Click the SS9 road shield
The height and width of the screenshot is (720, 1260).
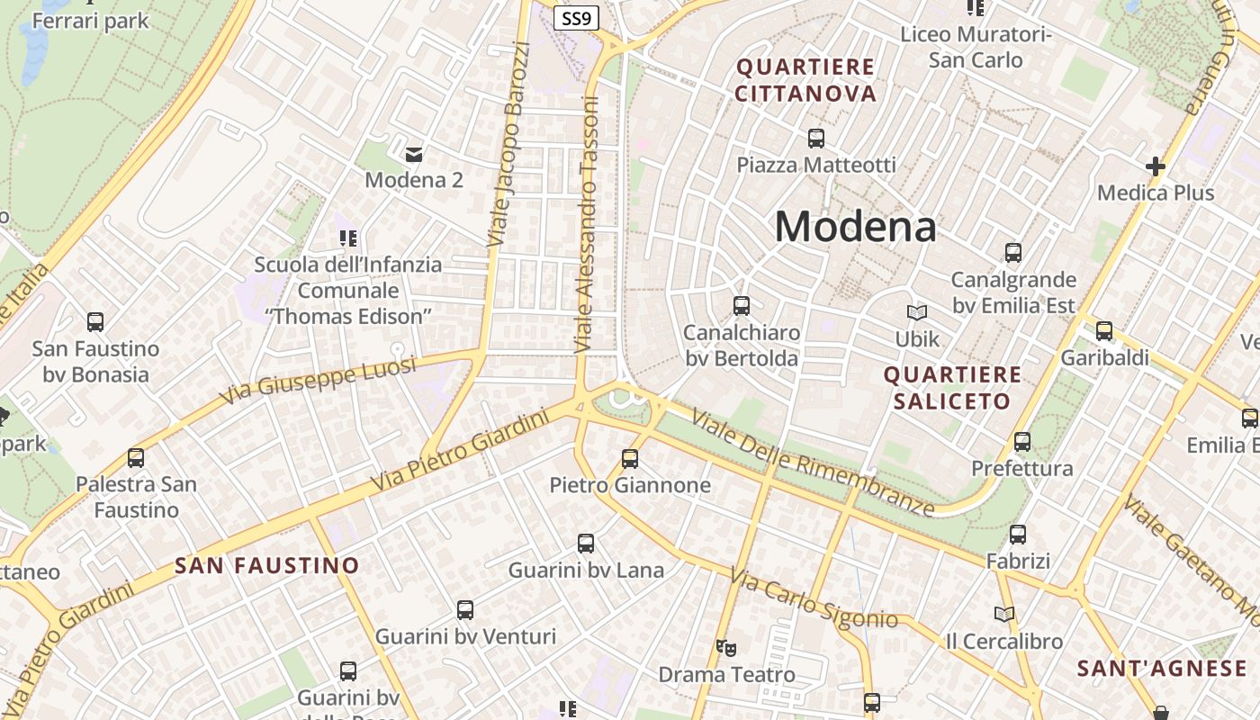[x=576, y=17]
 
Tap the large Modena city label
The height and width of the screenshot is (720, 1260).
[x=855, y=226]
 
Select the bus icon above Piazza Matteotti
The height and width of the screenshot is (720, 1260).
[x=816, y=139]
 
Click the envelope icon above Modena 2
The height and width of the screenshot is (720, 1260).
[x=414, y=154]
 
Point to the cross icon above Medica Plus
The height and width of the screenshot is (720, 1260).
[x=1156, y=166]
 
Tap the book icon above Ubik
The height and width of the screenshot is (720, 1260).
[x=917, y=312]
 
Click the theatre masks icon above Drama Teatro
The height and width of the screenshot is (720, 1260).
[x=726, y=647]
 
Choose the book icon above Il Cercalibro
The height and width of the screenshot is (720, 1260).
[x=1004, y=615]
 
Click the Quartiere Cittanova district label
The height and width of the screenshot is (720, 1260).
[x=805, y=80]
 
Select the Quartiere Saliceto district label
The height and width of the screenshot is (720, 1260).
[x=952, y=388]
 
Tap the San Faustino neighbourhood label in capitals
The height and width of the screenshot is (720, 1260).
[x=267, y=566]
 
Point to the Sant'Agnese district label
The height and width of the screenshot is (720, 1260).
[x=1162, y=669]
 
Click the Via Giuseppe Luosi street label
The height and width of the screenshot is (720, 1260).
[x=319, y=379]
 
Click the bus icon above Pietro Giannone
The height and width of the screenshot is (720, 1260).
[x=630, y=459]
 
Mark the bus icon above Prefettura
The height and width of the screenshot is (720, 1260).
[x=1021, y=442]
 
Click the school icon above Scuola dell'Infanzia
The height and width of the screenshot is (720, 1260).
[x=348, y=238]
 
